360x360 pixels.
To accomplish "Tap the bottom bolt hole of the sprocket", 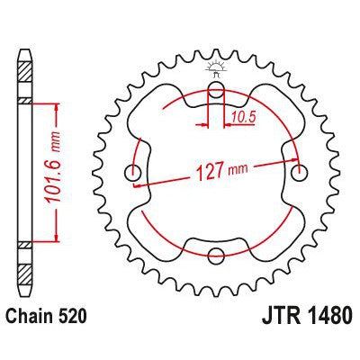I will pos(216,256).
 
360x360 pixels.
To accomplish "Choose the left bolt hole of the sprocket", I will pos(135,173).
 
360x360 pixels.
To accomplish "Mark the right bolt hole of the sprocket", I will pos(299,172).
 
